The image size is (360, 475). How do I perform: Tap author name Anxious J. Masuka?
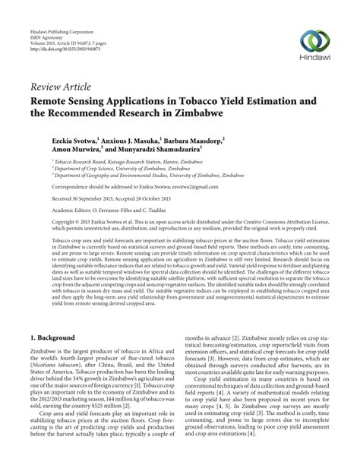pos(137,141)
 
